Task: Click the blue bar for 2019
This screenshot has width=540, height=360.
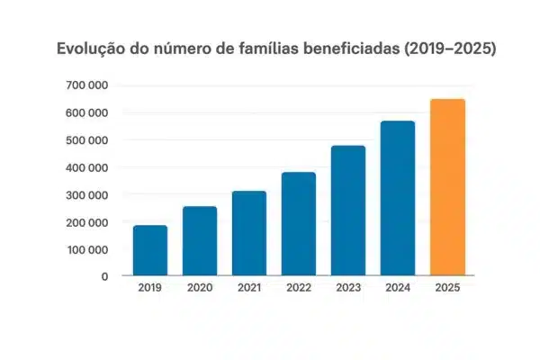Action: tap(150, 250)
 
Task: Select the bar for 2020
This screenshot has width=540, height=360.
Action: tap(200, 240)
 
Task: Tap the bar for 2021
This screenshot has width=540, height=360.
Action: tap(249, 233)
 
